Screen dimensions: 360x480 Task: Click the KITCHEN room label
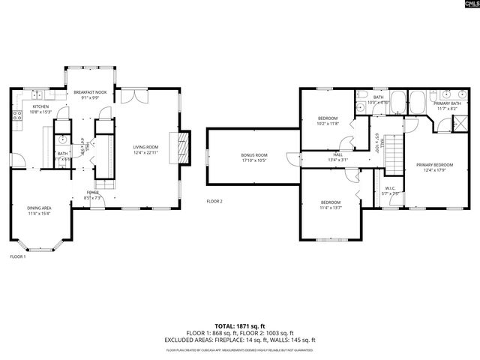coord(40,106)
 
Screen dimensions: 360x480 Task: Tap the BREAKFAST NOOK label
coord(90,92)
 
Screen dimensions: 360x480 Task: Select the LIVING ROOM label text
coord(145,147)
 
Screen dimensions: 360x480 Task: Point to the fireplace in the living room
coord(181,147)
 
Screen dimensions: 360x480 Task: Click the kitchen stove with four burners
coord(16,116)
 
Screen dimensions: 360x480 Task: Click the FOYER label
coord(92,193)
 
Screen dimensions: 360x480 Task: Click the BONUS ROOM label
coord(253,155)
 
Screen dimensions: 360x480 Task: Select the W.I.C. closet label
coord(390,188)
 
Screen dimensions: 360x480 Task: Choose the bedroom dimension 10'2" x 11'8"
coord(328,123)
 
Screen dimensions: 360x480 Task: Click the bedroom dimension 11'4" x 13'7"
coord(331,207)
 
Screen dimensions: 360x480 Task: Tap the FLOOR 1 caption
coord(17,256)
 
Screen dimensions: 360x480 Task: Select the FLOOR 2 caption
coord(215,201)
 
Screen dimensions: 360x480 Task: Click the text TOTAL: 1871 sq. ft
coord(240,325)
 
